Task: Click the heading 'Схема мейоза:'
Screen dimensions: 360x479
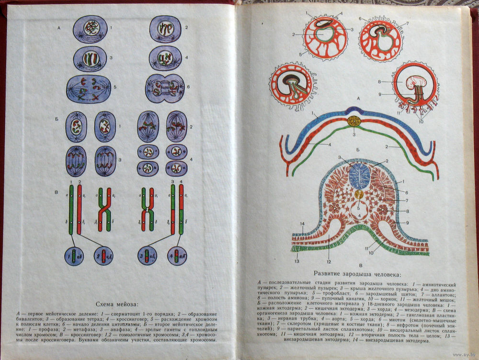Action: pos(116,304)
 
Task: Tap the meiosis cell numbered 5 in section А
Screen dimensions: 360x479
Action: pos(89,89)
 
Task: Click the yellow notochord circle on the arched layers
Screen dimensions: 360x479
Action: pos(355,121)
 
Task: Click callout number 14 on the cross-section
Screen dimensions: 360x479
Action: pos(302,225)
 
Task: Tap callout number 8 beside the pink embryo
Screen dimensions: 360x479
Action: pos(392,82)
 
